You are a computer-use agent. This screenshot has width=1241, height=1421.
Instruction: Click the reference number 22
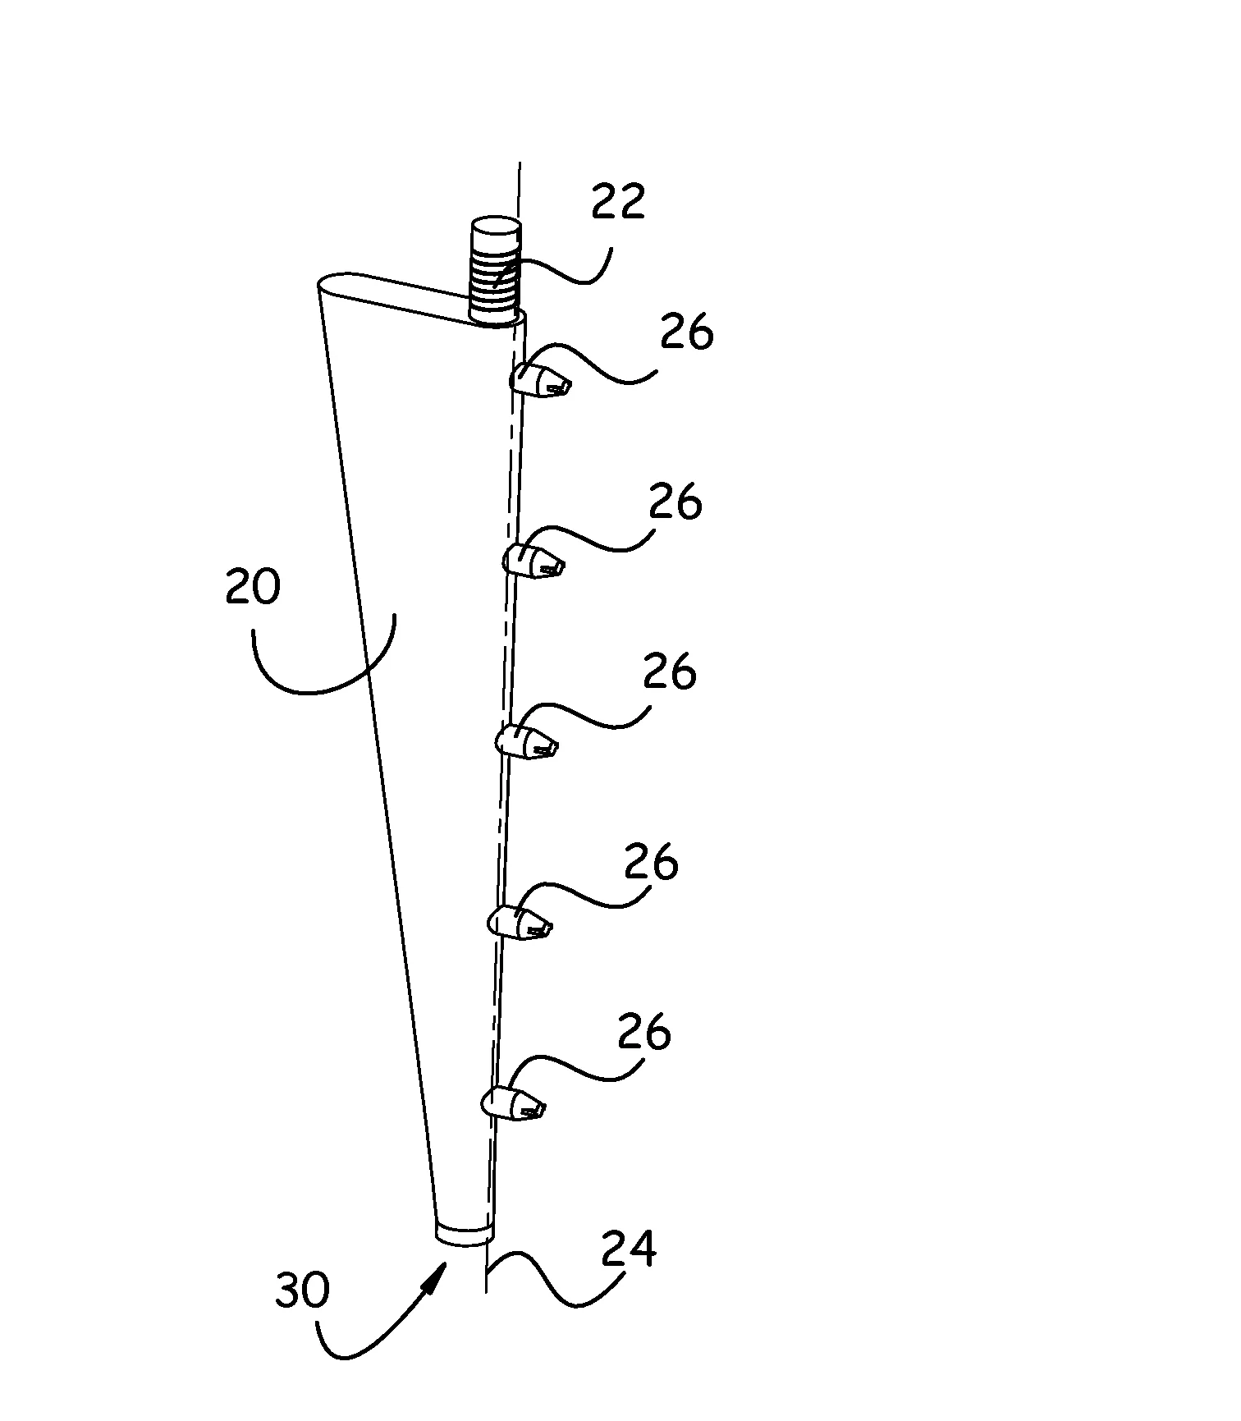point(618,201)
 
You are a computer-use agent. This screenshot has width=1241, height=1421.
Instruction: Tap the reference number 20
point(253,588)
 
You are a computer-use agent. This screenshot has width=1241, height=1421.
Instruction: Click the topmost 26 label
point(687,334)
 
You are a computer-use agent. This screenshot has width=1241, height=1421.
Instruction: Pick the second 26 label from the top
point(675,502)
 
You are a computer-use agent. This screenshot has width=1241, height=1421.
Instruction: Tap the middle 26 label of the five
point(669,671)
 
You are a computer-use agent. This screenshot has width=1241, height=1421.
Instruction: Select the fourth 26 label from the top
point(651,863)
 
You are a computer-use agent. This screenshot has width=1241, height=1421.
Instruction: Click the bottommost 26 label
point(644,1032)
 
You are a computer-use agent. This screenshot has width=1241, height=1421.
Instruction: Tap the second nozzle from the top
point(533,561)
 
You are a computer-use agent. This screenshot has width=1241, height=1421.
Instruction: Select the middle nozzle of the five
point(526,741)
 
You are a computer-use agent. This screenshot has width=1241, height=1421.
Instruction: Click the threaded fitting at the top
point(495,271)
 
